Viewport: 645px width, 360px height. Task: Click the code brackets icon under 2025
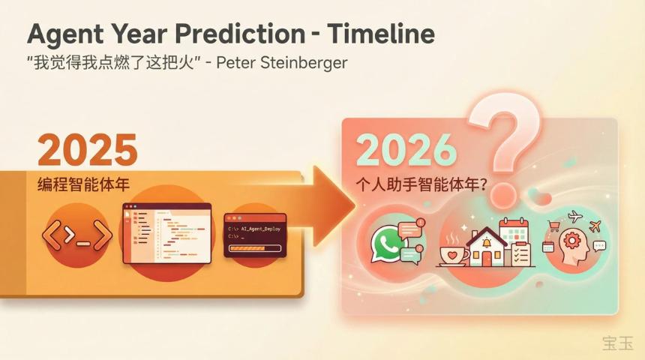[x=76, y=235]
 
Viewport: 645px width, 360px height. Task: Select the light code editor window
[x=166, y=232]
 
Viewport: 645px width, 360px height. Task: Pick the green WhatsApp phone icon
[x=388, y=244]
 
